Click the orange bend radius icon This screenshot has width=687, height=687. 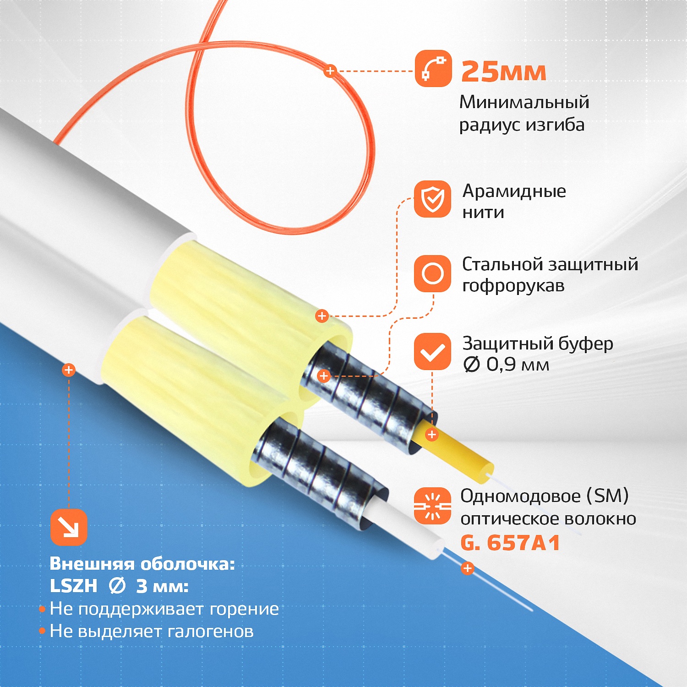pos(433,69)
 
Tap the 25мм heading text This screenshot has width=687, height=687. pos(504,72)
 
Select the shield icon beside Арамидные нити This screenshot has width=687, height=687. pos(433,199)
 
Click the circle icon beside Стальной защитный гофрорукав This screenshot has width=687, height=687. pos(433,274)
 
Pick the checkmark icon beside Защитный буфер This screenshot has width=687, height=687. pos(433,351)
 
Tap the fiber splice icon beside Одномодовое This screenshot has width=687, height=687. pos(433,506)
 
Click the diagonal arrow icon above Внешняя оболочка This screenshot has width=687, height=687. pos(69,527)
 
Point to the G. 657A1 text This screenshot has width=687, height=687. pos(510,543)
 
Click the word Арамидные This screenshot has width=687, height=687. pos(514,191)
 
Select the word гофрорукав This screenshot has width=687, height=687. pos(513,286)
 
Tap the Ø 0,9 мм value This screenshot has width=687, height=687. pos(506,365)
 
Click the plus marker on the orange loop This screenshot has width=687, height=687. pos(330,71)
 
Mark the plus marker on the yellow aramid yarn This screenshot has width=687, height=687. pos(322,316)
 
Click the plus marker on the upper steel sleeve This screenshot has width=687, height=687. pos(324,376)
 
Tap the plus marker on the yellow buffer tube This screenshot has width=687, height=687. pos(431,434)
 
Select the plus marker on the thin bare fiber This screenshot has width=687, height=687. pos(467,568)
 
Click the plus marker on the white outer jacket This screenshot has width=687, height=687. pos(69,370)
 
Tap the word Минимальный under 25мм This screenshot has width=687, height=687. pos(524,102)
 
